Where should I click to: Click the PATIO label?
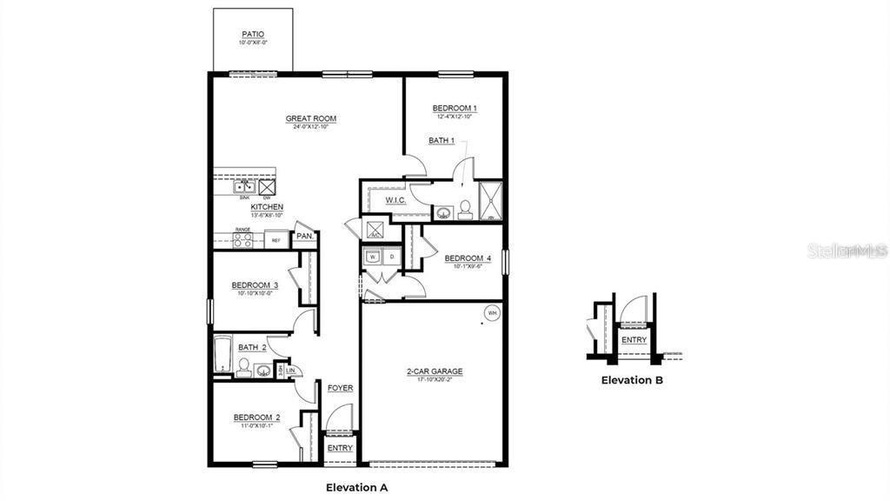(254, 34)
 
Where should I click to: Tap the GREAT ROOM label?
(311, 119)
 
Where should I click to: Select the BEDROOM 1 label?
(455, 109)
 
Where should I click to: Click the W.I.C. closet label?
(395, 201)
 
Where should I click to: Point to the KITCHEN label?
(267, 207)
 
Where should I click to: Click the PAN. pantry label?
(305, 236)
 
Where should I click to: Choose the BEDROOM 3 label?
(255, 285)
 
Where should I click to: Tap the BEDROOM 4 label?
(468, 258)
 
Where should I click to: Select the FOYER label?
(340, 388)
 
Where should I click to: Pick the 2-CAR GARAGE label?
(435, 371)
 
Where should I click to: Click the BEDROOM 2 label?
(256, 417)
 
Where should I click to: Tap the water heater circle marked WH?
(492, 313)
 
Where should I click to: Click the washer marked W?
(373, 257)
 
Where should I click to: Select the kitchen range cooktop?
(242, 240)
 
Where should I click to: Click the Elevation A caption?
(356, 487)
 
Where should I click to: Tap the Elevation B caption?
(633, 380)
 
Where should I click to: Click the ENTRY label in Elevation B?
(634, 340)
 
